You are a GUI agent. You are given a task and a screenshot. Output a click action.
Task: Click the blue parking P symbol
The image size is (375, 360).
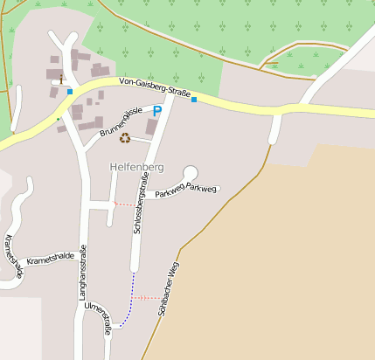(x=157, y=111)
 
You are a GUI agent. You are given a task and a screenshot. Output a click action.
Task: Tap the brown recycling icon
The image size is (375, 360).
(x=125, y=138)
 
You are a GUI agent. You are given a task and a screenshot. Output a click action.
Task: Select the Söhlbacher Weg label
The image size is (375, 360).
(x=169, y=287)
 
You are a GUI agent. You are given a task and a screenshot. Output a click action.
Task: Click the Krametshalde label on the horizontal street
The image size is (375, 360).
(x=51, y=259)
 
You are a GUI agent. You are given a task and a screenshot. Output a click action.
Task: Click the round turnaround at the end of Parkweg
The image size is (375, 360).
(x=191, y=173)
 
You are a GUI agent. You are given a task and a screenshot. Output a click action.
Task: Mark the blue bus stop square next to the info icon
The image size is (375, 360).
(x=70, y=91)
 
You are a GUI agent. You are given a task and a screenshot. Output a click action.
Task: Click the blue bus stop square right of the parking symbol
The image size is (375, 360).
(x=194, y=100)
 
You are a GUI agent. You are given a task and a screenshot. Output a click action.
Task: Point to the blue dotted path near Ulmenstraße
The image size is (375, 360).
(x=128, y=306)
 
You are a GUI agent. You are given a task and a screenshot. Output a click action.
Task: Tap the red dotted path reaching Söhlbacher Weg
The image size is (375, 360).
(x=147, y=298)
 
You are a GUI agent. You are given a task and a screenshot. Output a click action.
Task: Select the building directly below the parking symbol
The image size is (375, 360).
(x=151, y=128)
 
